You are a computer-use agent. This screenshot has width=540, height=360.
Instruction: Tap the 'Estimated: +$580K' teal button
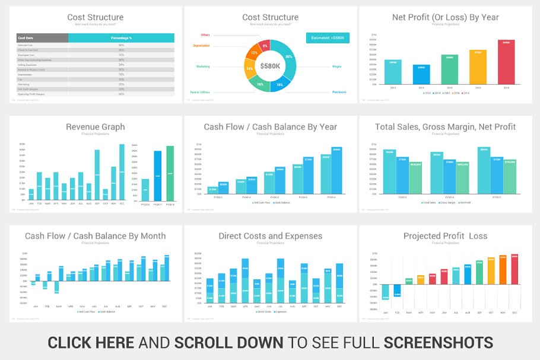(x=328, y=38)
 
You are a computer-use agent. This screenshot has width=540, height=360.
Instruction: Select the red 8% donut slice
(x=265, y=46)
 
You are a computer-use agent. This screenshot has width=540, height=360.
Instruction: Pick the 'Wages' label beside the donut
(x=336, y=66)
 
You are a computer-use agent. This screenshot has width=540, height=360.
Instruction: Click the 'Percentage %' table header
(x=121, y=37)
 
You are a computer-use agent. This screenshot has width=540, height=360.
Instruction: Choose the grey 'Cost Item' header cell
(x=42, y=37)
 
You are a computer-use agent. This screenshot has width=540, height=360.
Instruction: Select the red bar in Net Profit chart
(x=506, y=62)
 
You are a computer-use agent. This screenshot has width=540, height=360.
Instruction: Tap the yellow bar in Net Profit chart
(x=477, y=67)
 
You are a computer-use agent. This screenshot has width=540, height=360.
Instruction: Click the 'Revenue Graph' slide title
(x=95, y=126)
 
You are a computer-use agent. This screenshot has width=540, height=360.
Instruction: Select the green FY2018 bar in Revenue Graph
(x=170, y=173)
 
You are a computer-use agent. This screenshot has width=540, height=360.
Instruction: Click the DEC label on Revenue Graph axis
(x=122, y=203)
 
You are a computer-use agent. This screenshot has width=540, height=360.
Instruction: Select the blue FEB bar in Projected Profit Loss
(x=398, y=291)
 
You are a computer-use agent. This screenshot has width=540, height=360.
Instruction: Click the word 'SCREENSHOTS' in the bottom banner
(x=438, y=342)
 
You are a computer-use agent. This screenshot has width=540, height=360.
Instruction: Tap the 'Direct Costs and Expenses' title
(x=270, y=236)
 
